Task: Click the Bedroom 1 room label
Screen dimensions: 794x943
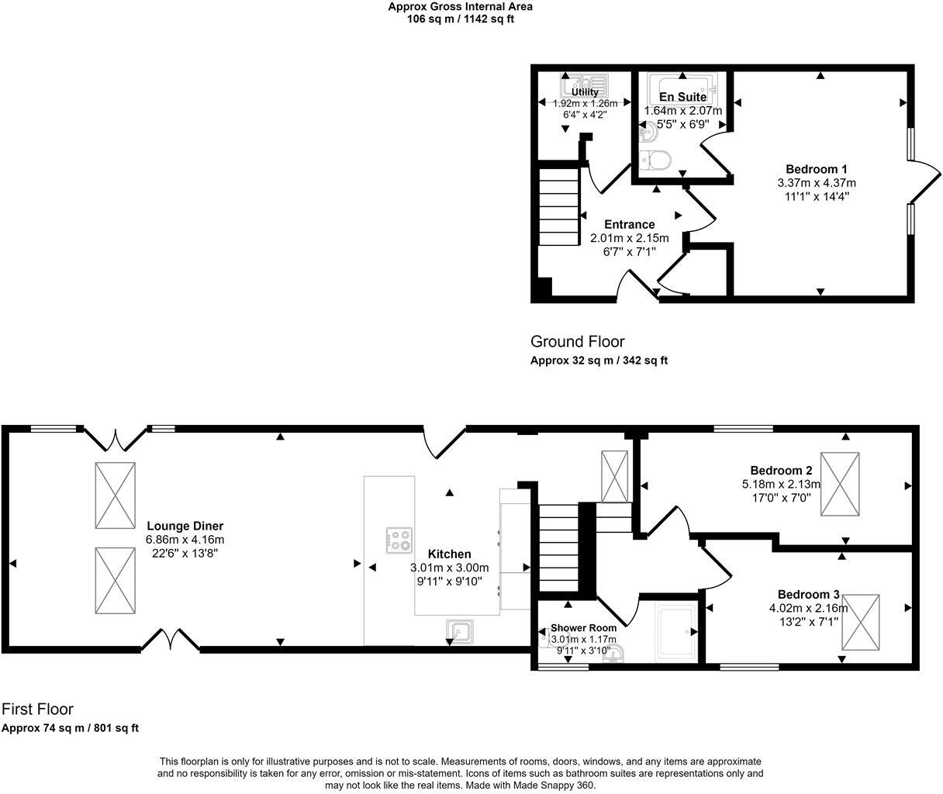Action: coord(816,169)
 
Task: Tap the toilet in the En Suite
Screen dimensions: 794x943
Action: coord(656,161)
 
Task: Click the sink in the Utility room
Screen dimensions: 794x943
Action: coord(585,81)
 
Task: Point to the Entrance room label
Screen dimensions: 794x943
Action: coord(629,225)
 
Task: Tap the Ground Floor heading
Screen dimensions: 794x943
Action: coord(577,342)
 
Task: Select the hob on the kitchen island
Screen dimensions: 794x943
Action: coord(399,540)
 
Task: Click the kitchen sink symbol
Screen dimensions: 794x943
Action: coord(460,630)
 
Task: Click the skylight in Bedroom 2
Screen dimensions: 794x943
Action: coord(840,485)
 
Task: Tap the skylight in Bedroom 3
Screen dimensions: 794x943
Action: coord(861,623)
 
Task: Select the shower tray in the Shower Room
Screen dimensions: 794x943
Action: coord(675,633)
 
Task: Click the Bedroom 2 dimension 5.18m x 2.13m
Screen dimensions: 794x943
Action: coord(781,485)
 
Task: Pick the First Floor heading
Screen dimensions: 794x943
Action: coord(37,709)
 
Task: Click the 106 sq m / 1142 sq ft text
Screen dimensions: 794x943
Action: coord(460,19)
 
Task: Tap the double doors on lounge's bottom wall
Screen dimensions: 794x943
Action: coord(171,640)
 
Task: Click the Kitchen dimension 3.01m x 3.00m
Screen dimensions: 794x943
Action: coord(449,568)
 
